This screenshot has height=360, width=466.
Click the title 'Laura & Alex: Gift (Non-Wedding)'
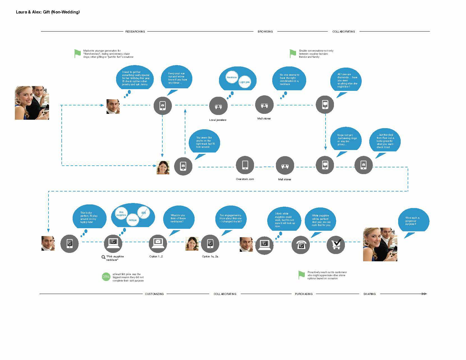(x=48, y=12)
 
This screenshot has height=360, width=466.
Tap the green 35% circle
(x=106, y=277)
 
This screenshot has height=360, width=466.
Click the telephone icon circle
(x=301, y=245)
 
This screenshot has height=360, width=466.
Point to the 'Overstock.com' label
(x=245, y=179)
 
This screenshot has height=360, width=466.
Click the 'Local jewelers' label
(x=218, y=120)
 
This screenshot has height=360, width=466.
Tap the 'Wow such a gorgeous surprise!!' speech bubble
(x=414, y=221)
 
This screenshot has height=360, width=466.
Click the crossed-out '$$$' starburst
(x=144, y=213)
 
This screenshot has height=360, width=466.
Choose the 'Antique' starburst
(x=133, y=220)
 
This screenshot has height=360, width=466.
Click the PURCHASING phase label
(x=304, y=294)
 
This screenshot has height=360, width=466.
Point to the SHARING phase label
(x=369, y=294)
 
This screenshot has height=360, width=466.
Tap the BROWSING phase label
(x=265, y=32)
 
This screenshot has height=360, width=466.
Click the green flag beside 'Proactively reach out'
(x=301, y=275)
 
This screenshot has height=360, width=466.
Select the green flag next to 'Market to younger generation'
(x=77, y=53)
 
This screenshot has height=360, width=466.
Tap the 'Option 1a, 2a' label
(x=210, y=257)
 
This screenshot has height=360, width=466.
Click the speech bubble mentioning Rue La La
(x=385, y=141)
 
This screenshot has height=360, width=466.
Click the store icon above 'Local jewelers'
(x=218, y=106)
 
